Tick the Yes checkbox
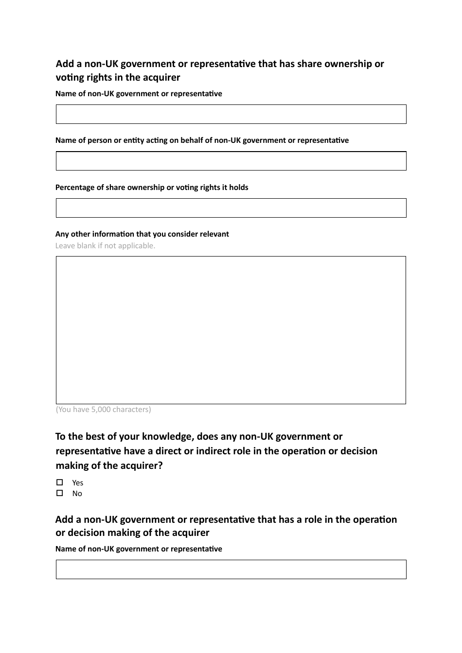pyautogui.click(x=59, y=482)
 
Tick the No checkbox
pyautogui.click(x=59, y=493)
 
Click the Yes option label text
pyautogui.click(x=78, y=483)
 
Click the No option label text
pyautogui.click(x=77, y=494)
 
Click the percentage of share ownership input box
pyautogui.click(x=231, y=208)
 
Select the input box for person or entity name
pyautogui.click(x=231, y=161)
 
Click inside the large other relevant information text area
pyautogui.click(x=231, y=330)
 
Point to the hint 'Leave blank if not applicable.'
pyautogui.click(x=106, y=246)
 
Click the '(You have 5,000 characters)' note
pyautogui.click(x=104, y=410)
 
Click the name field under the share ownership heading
pyautogui.click(x=231, y=114)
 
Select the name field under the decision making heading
pyautogui.click(x=231, y=569)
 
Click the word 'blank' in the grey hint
pyautogui.click(x=86, y=246)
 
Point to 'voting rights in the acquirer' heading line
pyautogui.click(x=118, y=78)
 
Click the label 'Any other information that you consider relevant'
pyautogui.click(x=142, y=234)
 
